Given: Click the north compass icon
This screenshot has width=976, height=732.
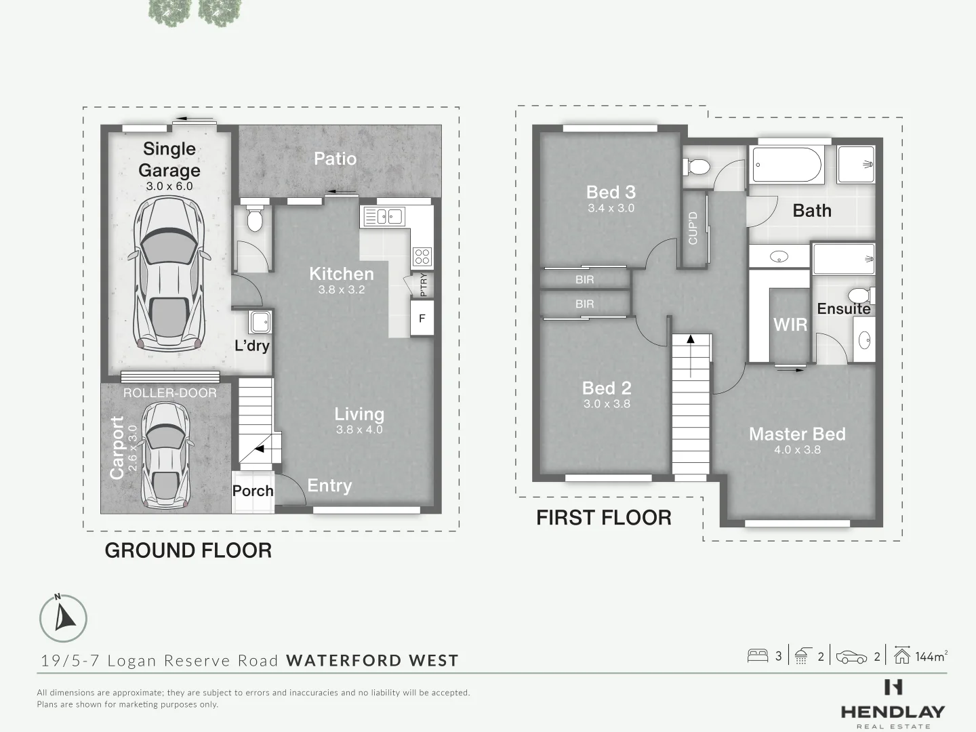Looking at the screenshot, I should (63, 618).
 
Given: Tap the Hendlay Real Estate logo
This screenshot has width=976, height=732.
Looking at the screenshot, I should (893, 704).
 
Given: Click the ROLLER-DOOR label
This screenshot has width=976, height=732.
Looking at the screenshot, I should (169, 393).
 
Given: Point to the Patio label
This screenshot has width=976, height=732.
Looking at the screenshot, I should (335, 159).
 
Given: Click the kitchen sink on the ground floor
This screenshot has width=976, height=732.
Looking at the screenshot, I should (384, 216).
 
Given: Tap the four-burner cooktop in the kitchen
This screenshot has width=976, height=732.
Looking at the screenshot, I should (422, 256).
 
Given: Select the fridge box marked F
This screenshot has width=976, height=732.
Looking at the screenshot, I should (422, 319).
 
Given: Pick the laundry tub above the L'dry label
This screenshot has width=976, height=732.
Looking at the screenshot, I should (260, 322).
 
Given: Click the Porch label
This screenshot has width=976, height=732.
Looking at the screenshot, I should (253, 491).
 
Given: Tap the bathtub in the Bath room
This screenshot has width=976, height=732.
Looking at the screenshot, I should (787, 165).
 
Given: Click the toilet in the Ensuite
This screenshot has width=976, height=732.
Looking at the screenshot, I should (861, 296).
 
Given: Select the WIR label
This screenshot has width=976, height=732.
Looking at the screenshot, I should (790, 325).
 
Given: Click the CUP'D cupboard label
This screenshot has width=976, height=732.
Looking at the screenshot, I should (693, 228).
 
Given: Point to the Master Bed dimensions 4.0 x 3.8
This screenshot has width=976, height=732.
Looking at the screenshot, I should (797, 449).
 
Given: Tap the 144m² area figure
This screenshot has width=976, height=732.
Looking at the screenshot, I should (931, 656).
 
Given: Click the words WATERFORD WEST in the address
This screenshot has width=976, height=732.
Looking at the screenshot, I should (372, 660).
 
